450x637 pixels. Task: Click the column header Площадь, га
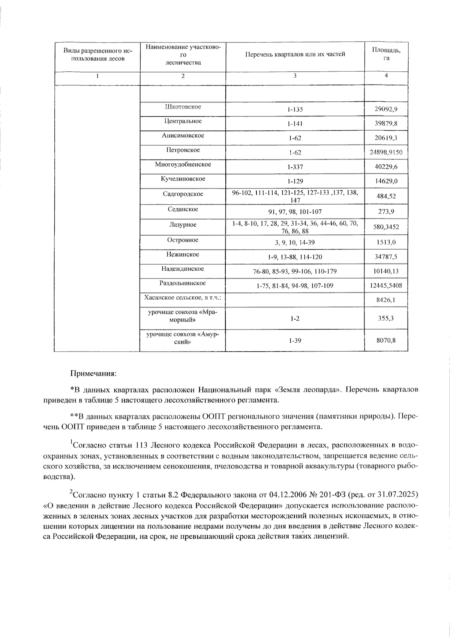coord(386,54)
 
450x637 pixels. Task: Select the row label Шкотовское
coord(183,107)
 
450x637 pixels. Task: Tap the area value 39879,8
coord(386,124)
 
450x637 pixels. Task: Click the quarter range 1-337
coord(295,167)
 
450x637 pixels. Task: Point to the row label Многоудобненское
coord(183,164)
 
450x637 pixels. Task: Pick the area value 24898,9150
coord(386,152)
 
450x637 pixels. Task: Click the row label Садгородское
coord(183,194)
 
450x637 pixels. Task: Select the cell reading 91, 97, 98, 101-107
coord(295,212)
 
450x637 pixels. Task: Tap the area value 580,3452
coord(386,227)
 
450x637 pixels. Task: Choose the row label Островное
coord(183,240)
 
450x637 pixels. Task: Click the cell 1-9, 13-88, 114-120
coord(295,257)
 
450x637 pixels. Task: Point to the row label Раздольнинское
coord(183,283)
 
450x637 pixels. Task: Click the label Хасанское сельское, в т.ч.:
coord(183,298)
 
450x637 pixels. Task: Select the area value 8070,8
coord(386,340)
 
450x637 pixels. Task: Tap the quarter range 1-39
coord(295,340)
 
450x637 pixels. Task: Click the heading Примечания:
coord(93,374)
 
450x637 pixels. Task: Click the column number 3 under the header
coord(295,75)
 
